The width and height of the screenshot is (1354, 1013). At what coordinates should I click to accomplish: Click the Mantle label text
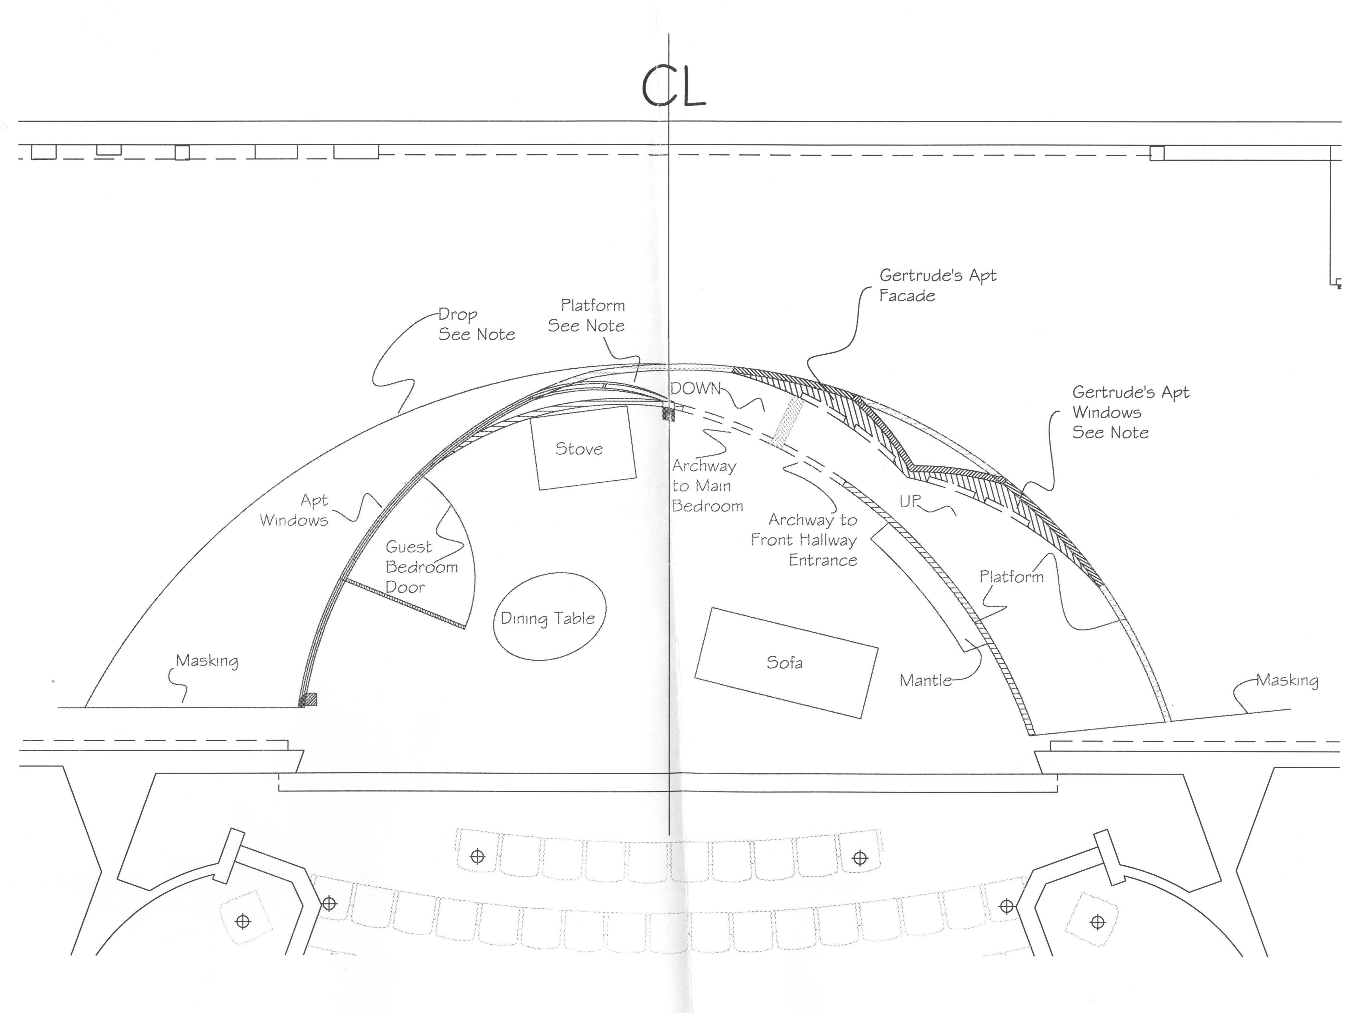(x=925, y=680)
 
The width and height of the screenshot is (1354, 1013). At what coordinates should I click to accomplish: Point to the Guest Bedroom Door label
(x=421, y=566)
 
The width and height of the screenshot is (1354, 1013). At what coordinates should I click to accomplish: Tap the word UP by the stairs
(x=910, y=501)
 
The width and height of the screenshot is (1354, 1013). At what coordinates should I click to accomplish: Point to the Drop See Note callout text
(x=475, y=324)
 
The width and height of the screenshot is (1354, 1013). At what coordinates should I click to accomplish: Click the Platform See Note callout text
(x=586, y=315)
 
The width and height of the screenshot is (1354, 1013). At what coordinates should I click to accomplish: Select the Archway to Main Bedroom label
(x=707, y=486)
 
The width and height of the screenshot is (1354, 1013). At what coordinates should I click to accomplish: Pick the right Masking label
(x=1287, y=680)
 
